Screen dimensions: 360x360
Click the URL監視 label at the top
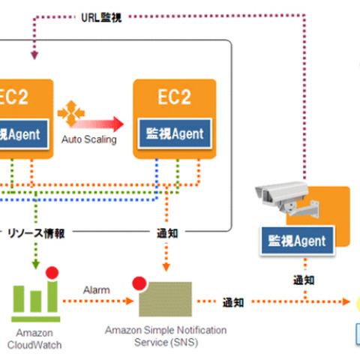100,16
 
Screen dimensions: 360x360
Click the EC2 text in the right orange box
173,97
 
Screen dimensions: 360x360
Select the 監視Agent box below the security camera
296,241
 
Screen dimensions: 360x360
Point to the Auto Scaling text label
89,139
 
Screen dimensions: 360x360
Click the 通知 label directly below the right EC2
168,234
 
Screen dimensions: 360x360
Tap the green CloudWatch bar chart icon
34,300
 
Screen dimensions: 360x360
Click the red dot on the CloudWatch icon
52,272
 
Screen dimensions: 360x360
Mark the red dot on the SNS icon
139,283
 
